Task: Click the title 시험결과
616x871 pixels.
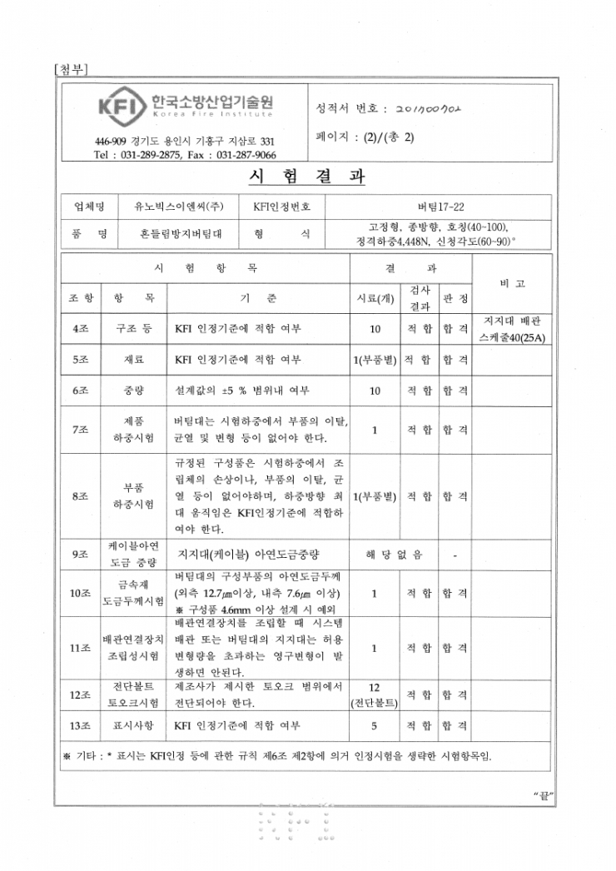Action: click(x=307, y=177)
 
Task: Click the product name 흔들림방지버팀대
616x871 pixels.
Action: click(x=173, y=235)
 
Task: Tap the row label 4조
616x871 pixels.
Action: click(x=81, y=329)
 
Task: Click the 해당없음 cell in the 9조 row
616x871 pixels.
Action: click(x=394, y=553)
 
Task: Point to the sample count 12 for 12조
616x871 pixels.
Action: click(x=374, y=687)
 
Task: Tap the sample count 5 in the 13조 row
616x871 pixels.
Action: click(x=374, y=726)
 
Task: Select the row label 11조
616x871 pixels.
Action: click(x=81, y=647)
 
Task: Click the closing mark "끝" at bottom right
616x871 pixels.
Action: click(x=543, y=797)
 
